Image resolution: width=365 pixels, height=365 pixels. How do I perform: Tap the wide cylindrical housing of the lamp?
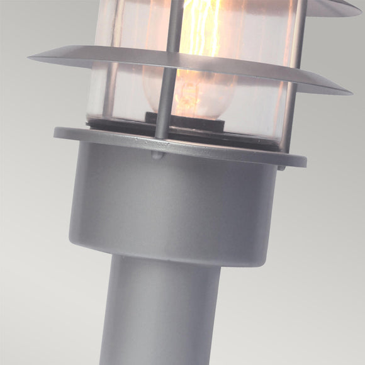pos(170,201)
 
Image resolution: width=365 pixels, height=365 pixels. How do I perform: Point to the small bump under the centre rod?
pos(157,154)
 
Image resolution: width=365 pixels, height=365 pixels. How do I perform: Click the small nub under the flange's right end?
pos(281,167)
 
